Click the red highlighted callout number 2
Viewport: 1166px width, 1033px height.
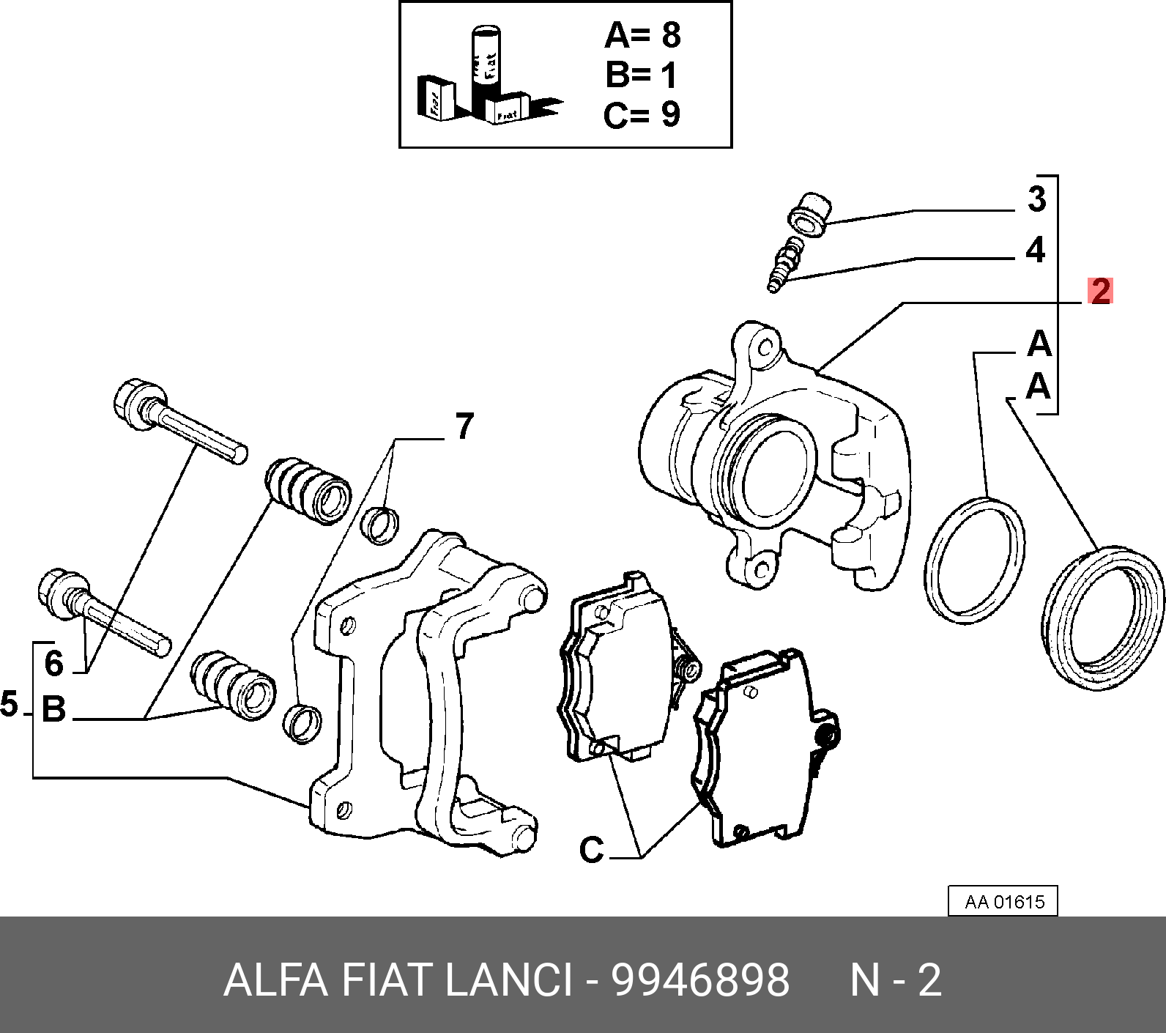(1100, 292)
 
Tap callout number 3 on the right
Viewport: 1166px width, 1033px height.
(1036, 199)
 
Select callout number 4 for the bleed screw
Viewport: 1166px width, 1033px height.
(1035, 251)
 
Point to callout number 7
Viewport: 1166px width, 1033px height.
(464, 426)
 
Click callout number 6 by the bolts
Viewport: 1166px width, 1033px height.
(54, 664)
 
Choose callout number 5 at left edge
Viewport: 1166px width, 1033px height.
(9, 705)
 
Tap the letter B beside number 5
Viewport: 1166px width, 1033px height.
(54, 710)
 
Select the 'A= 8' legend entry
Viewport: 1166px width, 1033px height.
(642, 36)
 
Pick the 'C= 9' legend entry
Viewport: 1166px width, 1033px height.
(642, 114)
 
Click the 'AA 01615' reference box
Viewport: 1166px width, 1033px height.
(1003, 902)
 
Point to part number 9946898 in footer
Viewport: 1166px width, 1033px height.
(700, 980)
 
